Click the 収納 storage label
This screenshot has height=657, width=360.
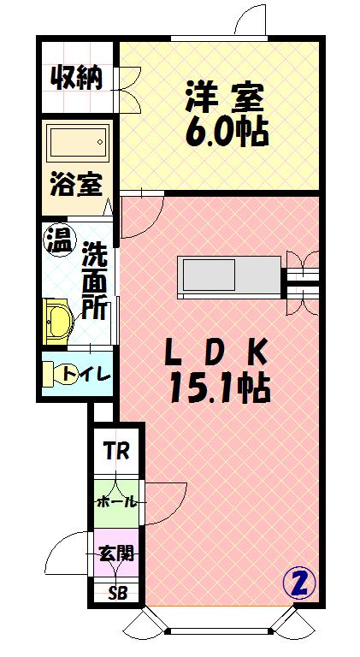(x=76, y=78)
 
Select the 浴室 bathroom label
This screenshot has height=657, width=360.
(x=76, y=185)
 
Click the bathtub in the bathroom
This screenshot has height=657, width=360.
(x=77, y=143)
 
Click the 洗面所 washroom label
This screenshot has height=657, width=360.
(x=94, y=280)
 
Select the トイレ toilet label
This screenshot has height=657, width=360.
(x=86, y=374)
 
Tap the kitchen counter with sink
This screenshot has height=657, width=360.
(x=227, y=275)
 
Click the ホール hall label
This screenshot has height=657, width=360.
(x=115, y=500)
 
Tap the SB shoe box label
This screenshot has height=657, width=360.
(x=115, y=594)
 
